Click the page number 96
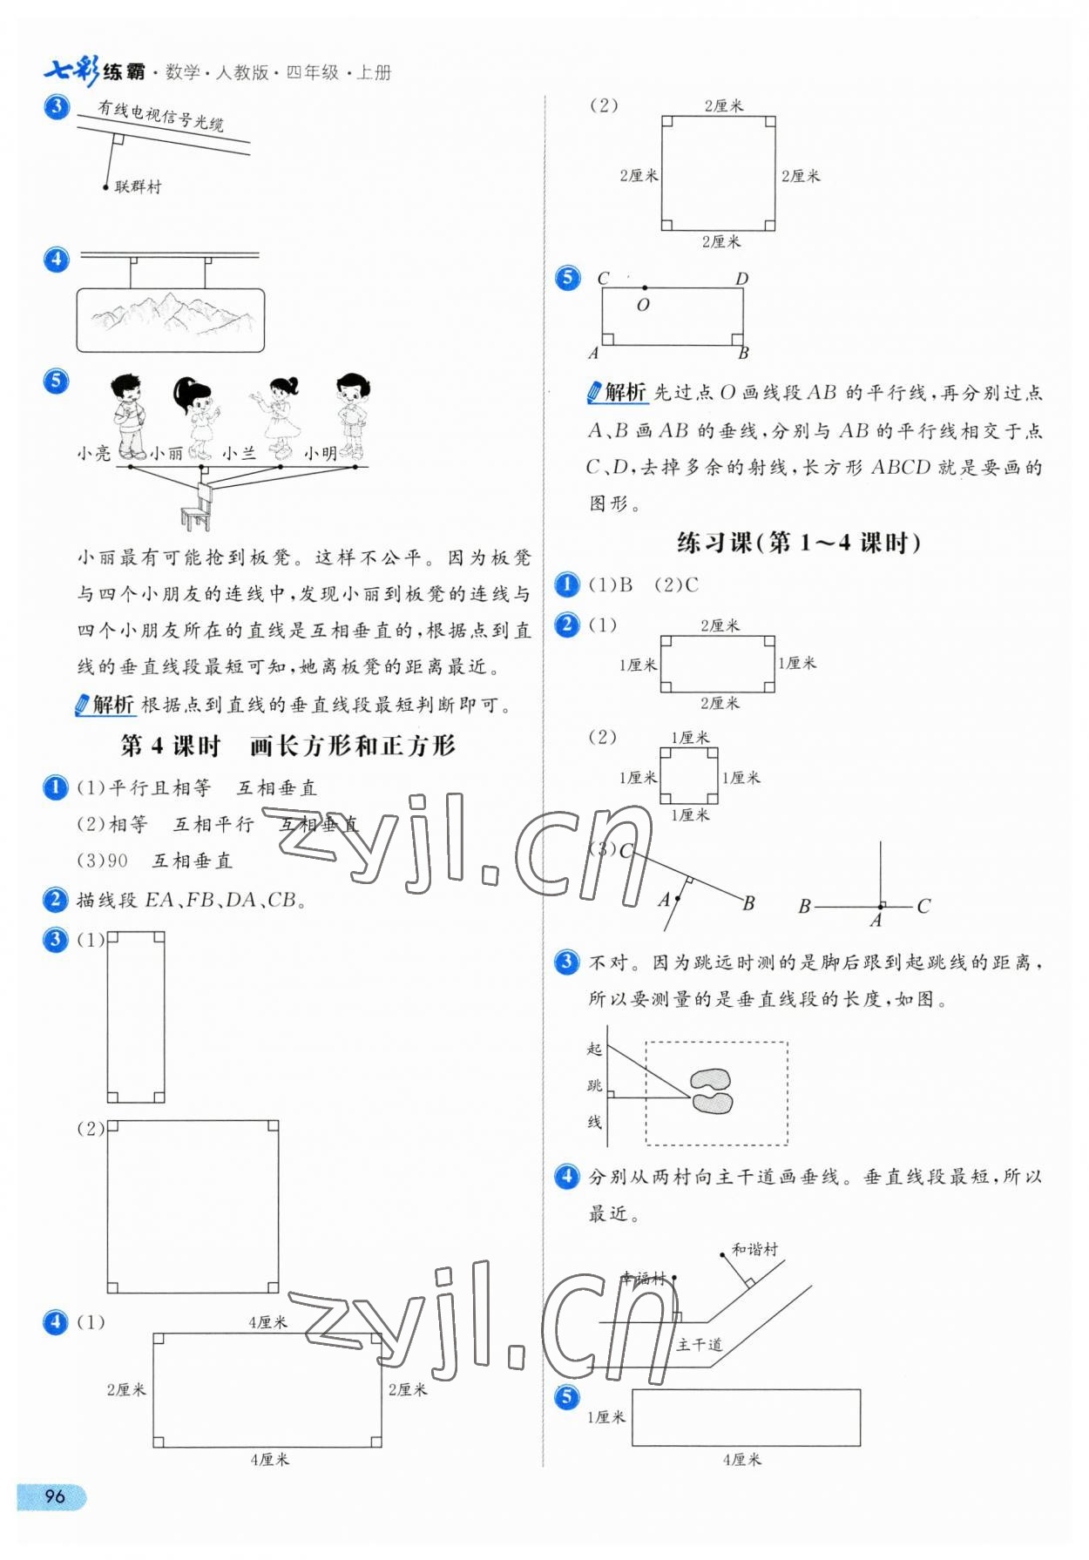(54, 1496)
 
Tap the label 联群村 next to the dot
(138, 186)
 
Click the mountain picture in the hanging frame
(171, 320)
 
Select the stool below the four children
(197, 509)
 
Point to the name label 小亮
(93, 453)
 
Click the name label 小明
(320, 453)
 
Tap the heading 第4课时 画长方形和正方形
(287, 746)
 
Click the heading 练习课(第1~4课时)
(798, 543)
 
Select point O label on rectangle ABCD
(643, 305)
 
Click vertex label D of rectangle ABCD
(741, 279)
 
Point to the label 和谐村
(754, 1249)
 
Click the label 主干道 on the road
(700, 1344)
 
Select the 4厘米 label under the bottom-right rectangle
(741, 1459)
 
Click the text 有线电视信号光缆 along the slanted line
(161, 116)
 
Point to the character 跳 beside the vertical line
(594, 1085)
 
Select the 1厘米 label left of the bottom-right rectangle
(606, 1417)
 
